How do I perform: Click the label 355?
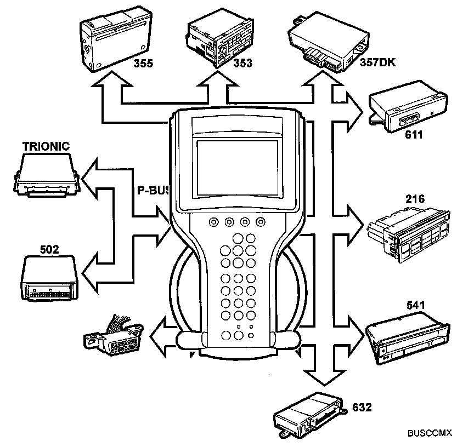(x=143, y=63)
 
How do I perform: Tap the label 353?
(x=242, y=63)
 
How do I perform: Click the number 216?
(x=415, y=199)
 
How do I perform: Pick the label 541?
(x=415, y=304)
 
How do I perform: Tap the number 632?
(x=362, y=407)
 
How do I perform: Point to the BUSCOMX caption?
(x=429, y=433)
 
